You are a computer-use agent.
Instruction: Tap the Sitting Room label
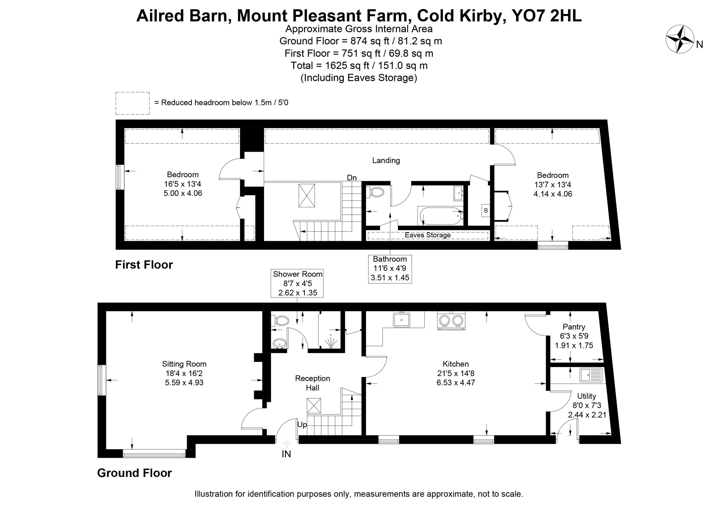click(184, 364)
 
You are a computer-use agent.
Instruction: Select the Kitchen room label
click(455, 364)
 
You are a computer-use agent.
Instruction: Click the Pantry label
click(574, 327)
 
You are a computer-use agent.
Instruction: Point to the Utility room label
click(587, 396)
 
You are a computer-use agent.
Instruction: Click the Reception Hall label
click(313, 383)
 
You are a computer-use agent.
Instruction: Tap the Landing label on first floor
click(386, 160)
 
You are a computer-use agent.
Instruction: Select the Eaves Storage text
click(428, 235)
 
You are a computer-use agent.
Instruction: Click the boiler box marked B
click(486, 210)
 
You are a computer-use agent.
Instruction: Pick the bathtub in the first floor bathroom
click(440, 216)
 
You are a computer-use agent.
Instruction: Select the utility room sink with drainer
click(591, 375)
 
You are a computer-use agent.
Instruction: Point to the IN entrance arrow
click(286, 443)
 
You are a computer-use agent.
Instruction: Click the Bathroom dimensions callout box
click(390, 269)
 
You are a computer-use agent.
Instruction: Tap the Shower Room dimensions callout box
click(297, 283)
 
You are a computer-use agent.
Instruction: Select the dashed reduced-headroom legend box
click(133, 103)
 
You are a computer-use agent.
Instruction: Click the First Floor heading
click(144, 265)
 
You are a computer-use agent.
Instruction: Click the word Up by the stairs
click(302, 425)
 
